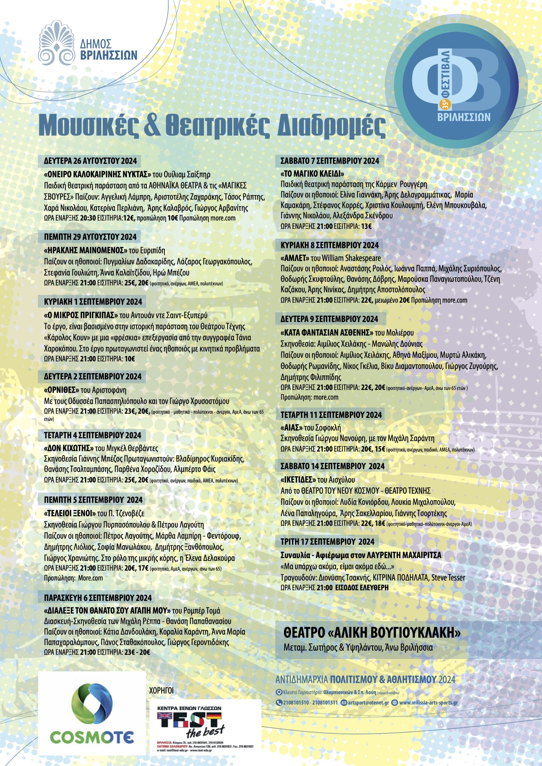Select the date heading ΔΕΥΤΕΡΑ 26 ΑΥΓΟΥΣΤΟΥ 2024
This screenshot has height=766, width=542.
click(90, 161)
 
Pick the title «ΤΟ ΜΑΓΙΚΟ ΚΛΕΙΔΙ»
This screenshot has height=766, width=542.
click(312, 174)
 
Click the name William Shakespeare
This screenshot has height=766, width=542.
click(351, 258)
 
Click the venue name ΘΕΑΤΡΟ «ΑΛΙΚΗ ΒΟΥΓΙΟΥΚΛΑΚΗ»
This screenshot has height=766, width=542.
click(372, 633)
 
